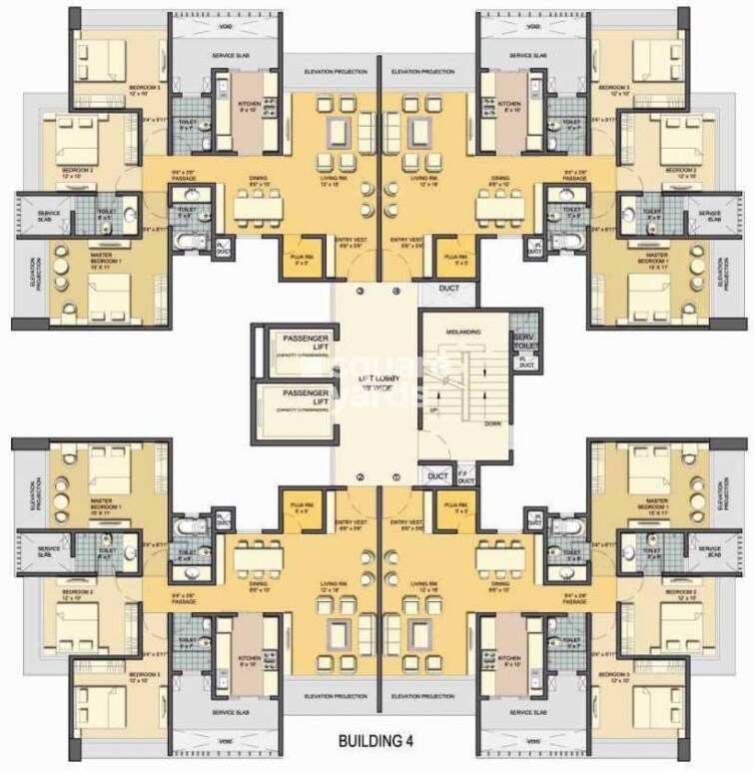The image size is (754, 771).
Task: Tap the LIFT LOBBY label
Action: [366, 379]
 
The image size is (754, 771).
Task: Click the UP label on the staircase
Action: [432, 410]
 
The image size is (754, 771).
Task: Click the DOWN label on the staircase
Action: [492, 422]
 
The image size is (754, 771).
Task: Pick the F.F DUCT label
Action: [464, 478]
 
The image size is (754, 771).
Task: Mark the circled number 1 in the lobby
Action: [396, 476]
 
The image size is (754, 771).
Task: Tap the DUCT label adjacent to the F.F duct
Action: [436, 477]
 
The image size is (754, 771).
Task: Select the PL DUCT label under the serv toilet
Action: [526, 364]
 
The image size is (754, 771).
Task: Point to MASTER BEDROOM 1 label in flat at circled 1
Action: [655, 505]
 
